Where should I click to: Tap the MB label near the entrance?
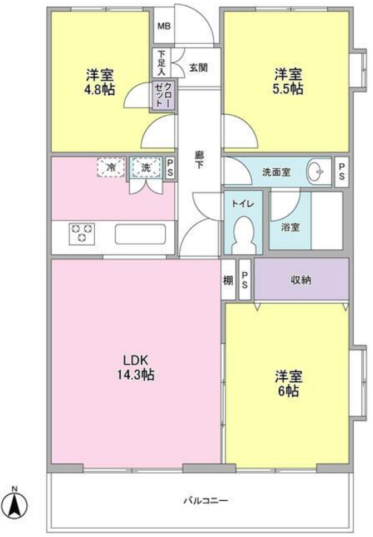[164, 26]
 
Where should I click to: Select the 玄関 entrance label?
[198, 68]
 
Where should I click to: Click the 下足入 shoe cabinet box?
[161, 63]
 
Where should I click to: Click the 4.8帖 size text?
[101, 89]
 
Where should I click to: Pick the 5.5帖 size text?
[288, 89]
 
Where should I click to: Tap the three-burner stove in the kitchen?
[81, 233]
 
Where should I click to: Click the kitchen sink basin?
[140, 233]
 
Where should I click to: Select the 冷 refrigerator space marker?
[111, 167]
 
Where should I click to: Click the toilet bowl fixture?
[243, 235]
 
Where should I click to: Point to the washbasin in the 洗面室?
[317, 172]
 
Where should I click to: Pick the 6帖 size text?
[287, 391]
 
